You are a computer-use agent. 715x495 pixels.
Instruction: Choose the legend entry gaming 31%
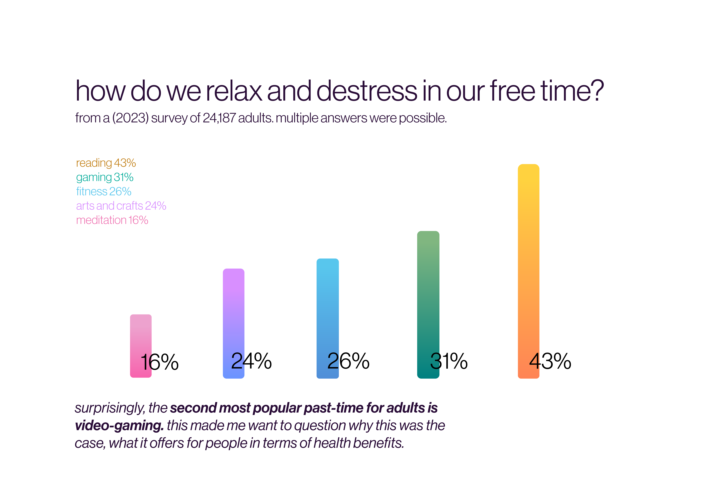pos(105,177)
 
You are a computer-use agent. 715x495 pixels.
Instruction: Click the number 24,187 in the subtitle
pos(219,118)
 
